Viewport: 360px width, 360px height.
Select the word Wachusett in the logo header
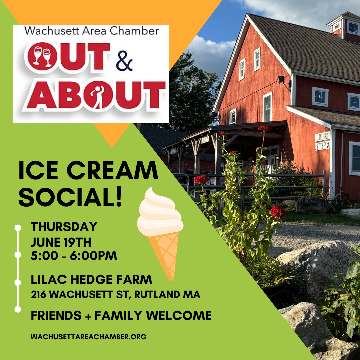tap(50, 31)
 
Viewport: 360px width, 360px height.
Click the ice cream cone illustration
tap(160, 233)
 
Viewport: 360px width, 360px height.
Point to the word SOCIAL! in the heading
tap(70, 197)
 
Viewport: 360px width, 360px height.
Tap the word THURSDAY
tap(64, 227)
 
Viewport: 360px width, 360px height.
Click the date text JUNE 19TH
tap(61, 242)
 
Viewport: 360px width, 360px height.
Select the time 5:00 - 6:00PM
tap(74, 256)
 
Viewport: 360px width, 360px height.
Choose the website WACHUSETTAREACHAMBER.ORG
tap(88, 337)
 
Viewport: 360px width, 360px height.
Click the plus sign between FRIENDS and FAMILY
tap(88, 316)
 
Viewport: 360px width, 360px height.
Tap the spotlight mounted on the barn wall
tap(282, 80)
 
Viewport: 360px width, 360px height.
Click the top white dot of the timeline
tap(18, 228)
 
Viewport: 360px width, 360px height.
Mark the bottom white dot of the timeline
tap(18, 309)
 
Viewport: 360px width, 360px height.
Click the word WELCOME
tap(179, 315)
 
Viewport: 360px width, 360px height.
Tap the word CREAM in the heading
tap(112, 170)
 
